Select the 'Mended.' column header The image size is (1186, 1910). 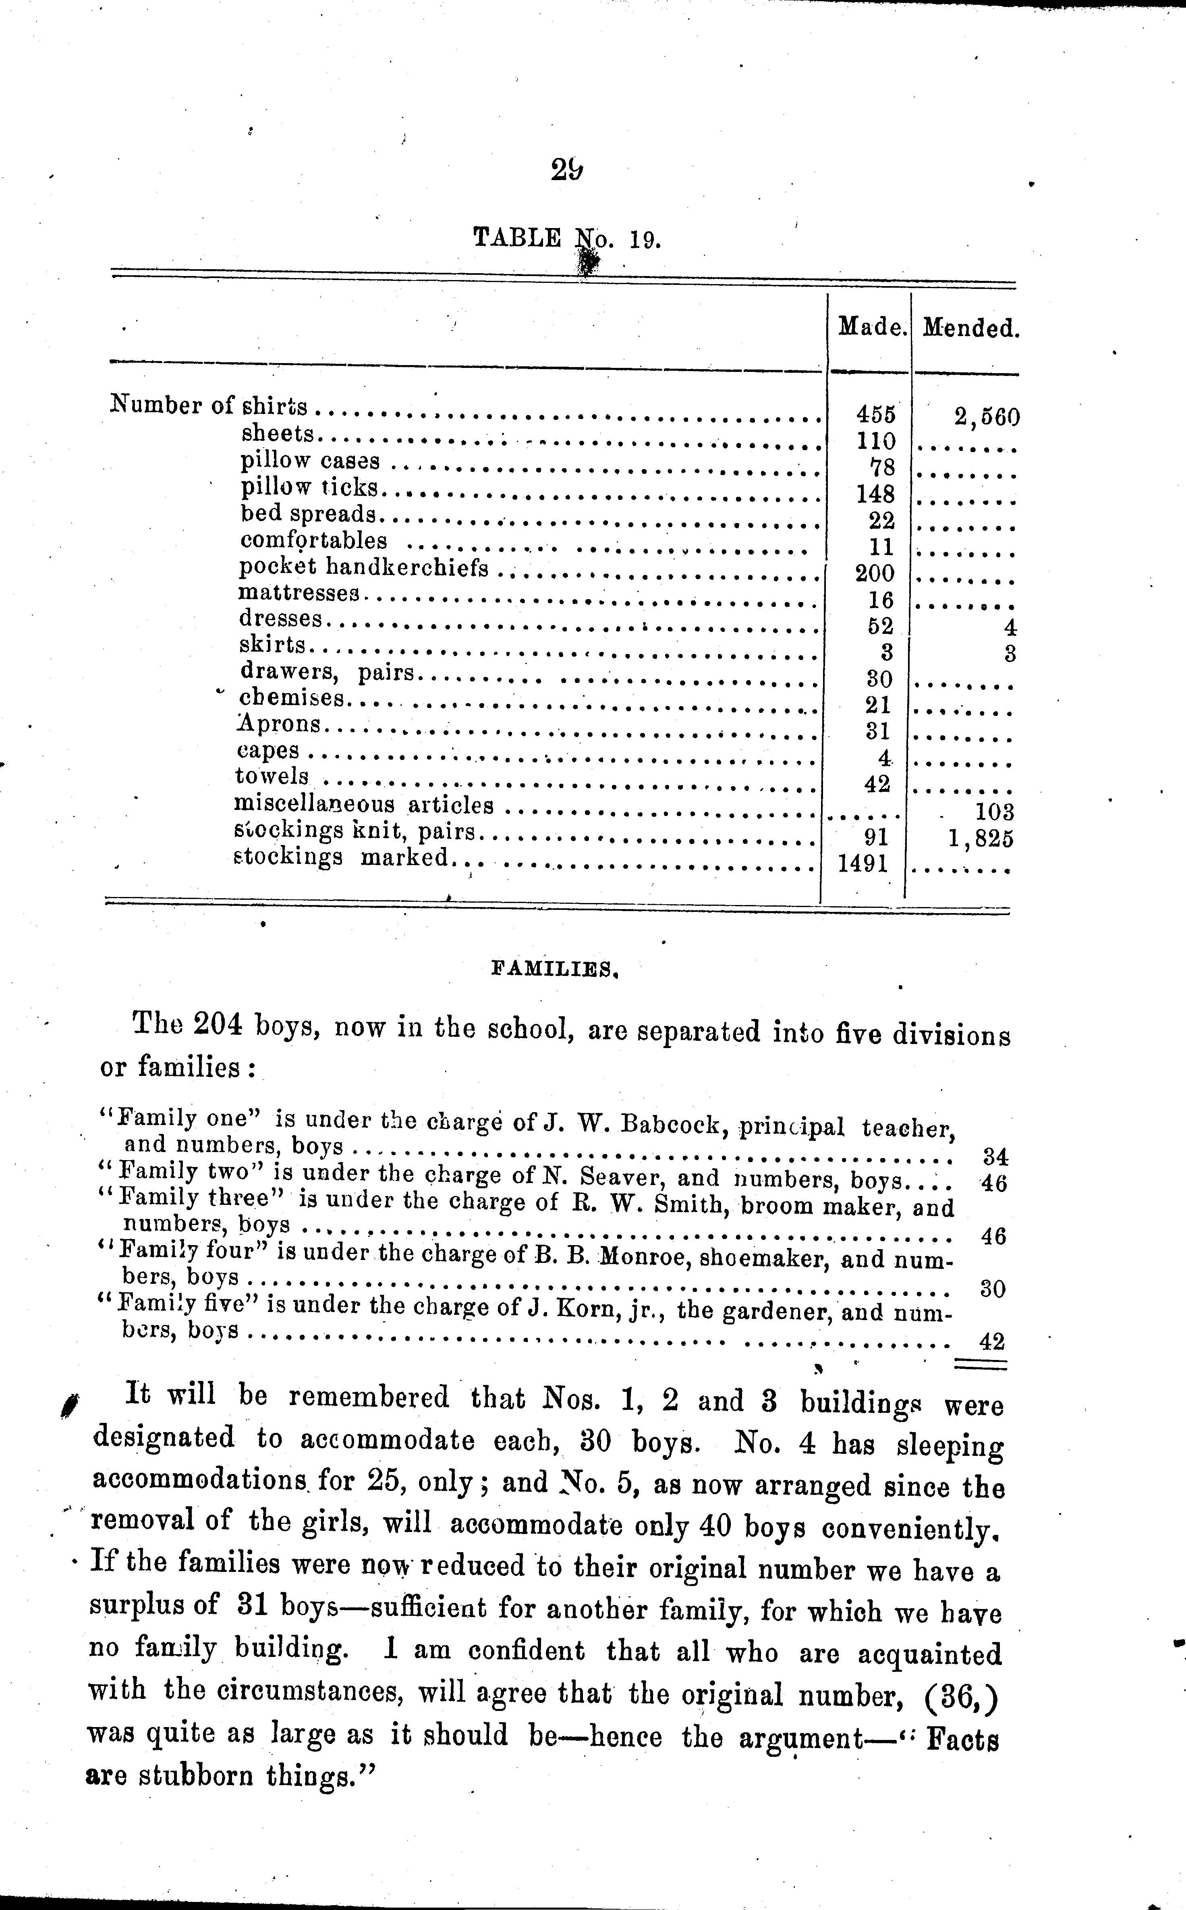tap(970, 328)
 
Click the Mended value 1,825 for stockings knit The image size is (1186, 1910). tap(981, 839)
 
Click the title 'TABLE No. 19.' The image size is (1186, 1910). tap(567, 239)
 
